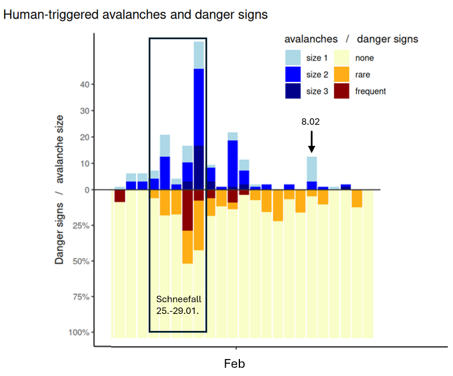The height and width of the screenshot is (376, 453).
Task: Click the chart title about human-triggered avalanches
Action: (x=135, y=15)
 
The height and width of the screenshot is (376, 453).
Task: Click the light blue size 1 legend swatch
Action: (x=293, y=57)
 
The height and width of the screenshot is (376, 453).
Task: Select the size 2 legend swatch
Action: (x=293, y=74)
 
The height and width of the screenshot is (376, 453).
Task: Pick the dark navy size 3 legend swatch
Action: (x=293, y=91)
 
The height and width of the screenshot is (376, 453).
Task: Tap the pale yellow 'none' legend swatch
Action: (x=342, y=57)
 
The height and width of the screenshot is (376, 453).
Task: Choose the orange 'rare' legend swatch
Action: (x=342, y=74)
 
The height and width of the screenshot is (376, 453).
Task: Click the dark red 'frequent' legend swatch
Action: (x=342, y=91)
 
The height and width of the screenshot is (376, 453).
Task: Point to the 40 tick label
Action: (x=84, y=84)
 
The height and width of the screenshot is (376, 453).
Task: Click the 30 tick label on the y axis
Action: (x=84, y=111)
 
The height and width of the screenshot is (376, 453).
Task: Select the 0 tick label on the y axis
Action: (x=86, y=190)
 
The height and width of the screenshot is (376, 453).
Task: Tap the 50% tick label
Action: (x=82, y=261)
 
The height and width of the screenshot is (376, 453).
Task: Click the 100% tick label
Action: (x=80, y=333)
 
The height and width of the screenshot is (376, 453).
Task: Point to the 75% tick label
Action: (x=82, y=297)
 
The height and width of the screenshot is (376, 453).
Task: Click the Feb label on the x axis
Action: (x=234, y=364)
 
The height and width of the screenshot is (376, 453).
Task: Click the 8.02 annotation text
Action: (x=311, y=122)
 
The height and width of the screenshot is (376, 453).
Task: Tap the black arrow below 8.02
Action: (x=311, y=142)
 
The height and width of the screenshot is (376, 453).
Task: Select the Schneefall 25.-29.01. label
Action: (x=178, y=305)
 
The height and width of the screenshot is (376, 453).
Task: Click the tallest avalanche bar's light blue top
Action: (x=198, y=55)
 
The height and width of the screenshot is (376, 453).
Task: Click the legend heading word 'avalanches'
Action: (x=311, y=39)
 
